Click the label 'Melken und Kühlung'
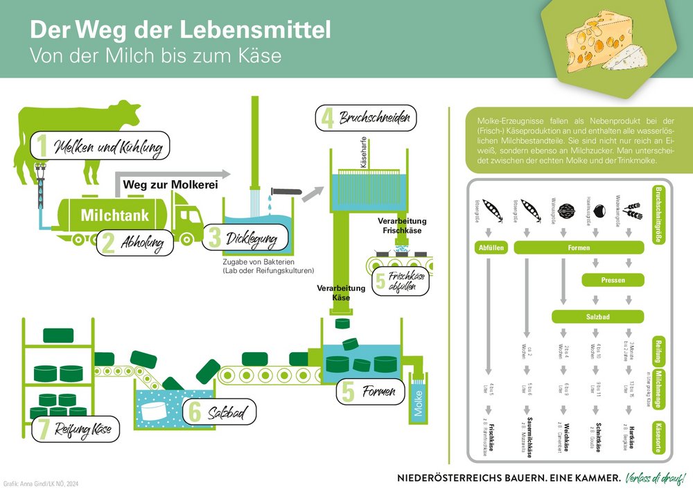point(109,148)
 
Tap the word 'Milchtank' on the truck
point(114,216)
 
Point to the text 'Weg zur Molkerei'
point(170,185)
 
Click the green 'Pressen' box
point(613,281)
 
